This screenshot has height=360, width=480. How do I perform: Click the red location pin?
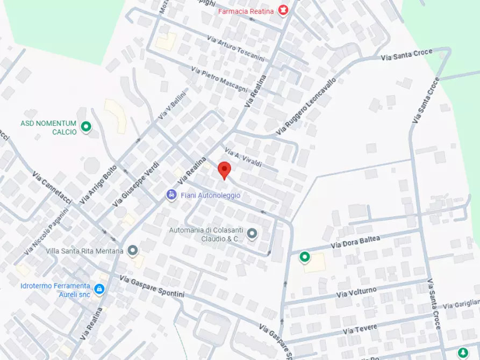(224, 170)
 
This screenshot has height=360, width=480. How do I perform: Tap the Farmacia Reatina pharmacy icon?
(283, 10)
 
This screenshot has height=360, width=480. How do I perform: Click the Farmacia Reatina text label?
(246, 11)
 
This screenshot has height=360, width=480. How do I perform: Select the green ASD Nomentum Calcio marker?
(86, 127)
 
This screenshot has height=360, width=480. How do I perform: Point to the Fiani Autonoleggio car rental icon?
(171, 195)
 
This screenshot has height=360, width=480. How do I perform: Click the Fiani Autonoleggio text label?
(211, 196)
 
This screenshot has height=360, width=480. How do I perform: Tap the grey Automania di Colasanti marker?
(252, 234)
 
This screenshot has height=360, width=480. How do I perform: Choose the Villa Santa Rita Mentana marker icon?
(133, 250)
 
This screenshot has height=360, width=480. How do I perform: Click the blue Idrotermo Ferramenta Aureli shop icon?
(99, 289)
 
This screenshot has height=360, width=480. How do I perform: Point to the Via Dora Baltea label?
(355, 242)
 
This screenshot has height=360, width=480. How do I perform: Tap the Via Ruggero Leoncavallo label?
(306, 106)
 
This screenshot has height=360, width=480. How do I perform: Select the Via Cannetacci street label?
(52, 188)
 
